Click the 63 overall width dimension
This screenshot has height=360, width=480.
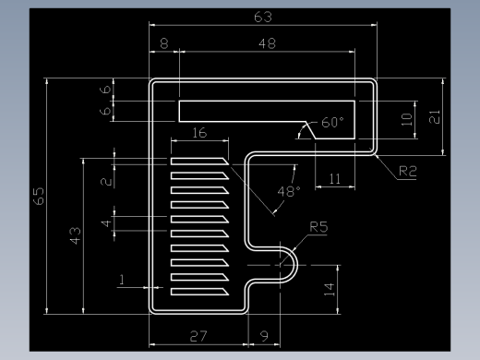[263, 17]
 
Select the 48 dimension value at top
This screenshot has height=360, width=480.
[267, 43]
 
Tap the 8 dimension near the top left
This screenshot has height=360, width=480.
[164, 43]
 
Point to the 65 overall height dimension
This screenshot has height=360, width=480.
[39, 196]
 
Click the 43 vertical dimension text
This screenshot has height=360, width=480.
[76, 235]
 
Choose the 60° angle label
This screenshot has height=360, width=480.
[332, 123]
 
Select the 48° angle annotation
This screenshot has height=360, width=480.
[289, 192]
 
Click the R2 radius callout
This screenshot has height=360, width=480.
[408, 171]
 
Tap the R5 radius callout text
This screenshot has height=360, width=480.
[318, 227]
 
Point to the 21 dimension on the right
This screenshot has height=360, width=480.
[435, 117]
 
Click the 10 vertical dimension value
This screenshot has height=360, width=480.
[407, 119]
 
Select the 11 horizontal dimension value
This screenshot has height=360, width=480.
[335, 179]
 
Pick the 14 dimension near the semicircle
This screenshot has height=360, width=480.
[330, 290]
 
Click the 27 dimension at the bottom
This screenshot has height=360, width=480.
[198, 336]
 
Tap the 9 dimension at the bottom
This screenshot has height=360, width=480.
[264, 336]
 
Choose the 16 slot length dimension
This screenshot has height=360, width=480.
[199, 133]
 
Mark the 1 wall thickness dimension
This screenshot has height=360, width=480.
[122, 280]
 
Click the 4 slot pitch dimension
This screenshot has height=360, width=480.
[106, 223]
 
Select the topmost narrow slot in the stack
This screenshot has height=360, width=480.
[199, 162]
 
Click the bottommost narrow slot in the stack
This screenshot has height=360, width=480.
[199, 292]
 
